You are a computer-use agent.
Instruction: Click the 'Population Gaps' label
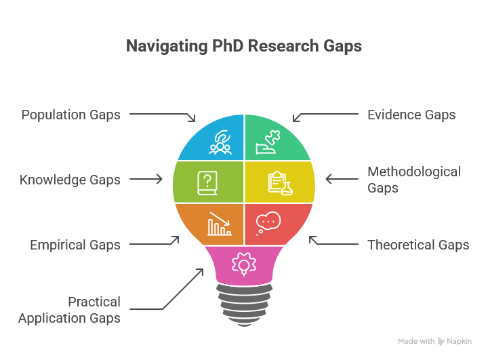pos(70,115)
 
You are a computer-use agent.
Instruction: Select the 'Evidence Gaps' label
pos(411,115)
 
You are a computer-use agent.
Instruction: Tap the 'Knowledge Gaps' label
pos(70,180)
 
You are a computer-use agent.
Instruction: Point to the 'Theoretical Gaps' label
pos(418,245)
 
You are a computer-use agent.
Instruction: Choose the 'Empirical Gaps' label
pos(75,245)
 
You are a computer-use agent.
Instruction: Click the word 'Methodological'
pos(414,172)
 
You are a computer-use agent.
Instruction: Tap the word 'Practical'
pos(94,302)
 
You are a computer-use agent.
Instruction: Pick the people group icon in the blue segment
pos(220,142)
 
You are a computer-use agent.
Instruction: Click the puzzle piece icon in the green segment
pos(268,142)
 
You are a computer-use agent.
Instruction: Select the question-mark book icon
pos(207,183)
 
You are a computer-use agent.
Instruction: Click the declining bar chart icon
pos(220,224)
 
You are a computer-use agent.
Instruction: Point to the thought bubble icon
pos(268,223)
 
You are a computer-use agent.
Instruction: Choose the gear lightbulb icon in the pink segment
pos(244,264)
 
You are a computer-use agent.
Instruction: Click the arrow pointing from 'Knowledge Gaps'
pos(146,179)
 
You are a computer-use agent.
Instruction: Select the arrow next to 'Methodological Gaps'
pos(342,179)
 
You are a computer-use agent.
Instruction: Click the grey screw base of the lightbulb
pos(244,305)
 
